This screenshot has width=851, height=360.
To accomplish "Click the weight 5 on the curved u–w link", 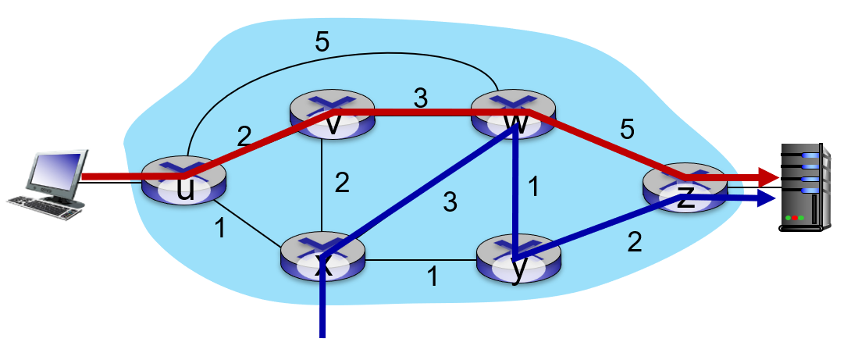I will point(321,42).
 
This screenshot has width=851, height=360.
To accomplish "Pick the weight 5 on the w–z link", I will point(626,130).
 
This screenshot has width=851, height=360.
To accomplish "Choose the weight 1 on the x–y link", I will point(430,276).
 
